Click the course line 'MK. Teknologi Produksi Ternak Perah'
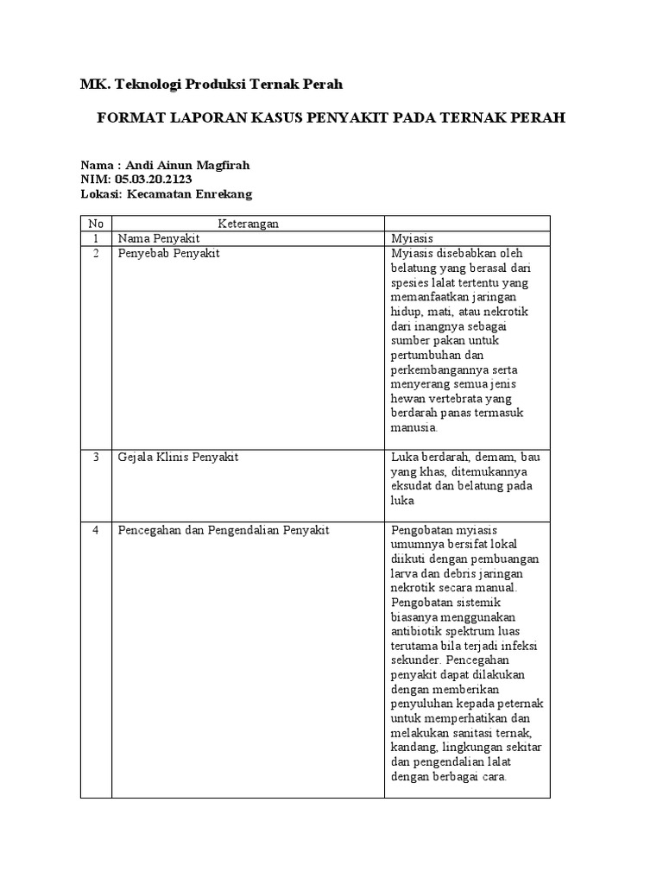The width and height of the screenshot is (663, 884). point(211,85)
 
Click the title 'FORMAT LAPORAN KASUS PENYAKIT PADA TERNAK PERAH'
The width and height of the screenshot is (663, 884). point(330,118)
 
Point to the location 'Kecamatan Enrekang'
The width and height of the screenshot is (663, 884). point(190,194)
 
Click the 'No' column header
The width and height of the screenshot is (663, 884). point(96,224)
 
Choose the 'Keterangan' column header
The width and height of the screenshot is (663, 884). point(247,224)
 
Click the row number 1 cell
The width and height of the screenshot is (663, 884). point(96,238)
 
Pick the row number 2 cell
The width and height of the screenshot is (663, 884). point(96,253)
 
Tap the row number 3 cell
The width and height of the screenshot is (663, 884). point(96,457)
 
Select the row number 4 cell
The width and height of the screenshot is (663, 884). point(96,529)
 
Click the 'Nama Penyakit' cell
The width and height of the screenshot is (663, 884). point(158,238)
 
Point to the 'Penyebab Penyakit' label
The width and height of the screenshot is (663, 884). point(169,253)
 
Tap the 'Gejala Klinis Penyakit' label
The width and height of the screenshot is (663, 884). point(178,457)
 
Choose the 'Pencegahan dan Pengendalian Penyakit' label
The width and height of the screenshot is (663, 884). point(224,529)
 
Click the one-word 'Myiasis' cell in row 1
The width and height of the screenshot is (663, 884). point(412,238)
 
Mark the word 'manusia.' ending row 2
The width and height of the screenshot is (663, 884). point(415,427)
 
